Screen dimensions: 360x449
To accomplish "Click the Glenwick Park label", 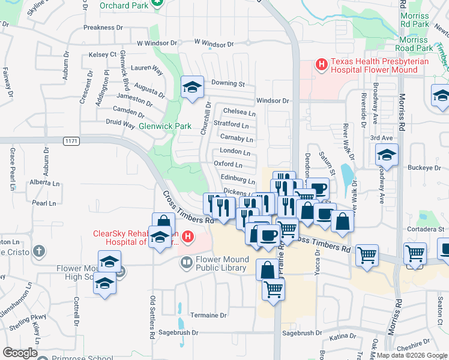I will click(x=164, y=127).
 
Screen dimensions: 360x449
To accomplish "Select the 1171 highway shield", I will click(x=71, y=140).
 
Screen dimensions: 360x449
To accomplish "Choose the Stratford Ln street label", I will click(x=231, y=125).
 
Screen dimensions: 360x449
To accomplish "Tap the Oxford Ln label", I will click(x=228, y=164).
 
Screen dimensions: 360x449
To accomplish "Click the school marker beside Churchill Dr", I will click(x=191, y=89).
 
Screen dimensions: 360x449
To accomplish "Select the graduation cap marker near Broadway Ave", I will click(x=387, y=155).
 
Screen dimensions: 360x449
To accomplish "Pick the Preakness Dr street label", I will click(x=103, y=28).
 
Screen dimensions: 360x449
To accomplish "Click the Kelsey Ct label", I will click(x=102, y=55).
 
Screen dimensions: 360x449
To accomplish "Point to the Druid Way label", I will click(x=121, y=124).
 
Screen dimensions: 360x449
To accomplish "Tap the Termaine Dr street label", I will click(x=208, y=315).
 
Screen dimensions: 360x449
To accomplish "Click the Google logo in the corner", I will click(x=20, y=353).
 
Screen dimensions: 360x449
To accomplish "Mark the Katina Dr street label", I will click(x=343, y=337).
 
